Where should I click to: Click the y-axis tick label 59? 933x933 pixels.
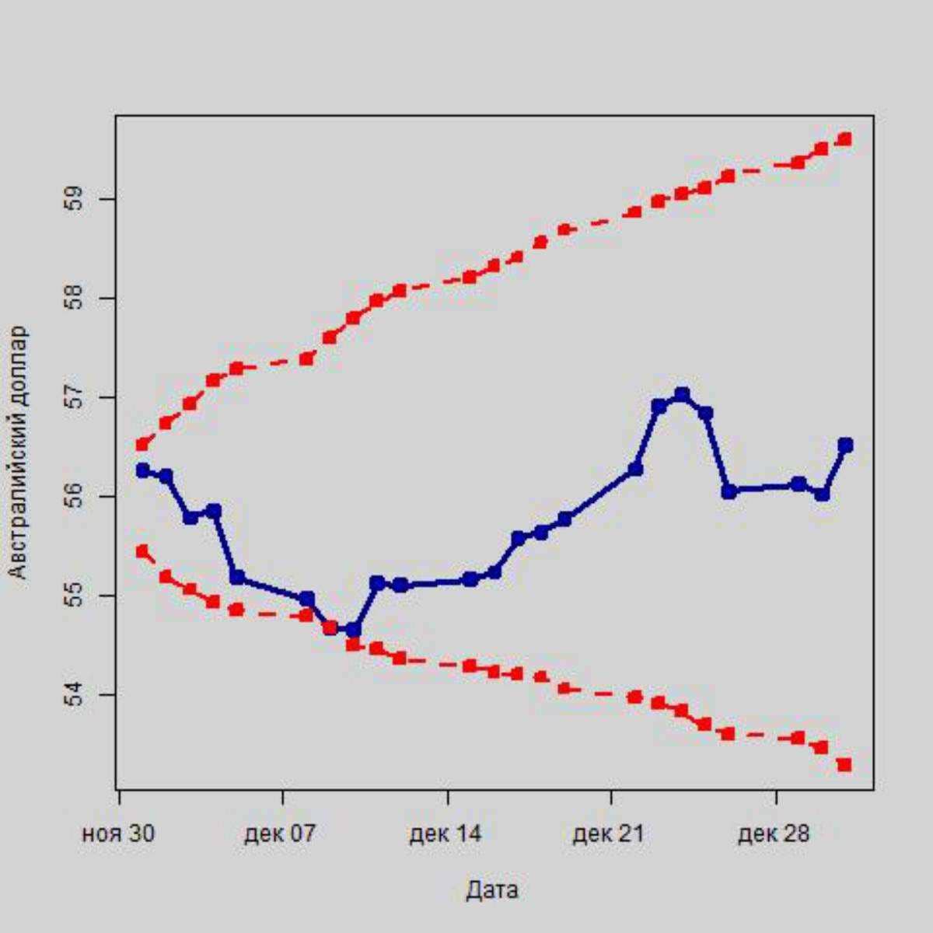[75, 199]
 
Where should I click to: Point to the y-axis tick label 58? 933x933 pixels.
[75, 299]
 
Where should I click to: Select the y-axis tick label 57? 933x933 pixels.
[75, 398]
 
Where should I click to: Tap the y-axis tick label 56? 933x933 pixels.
[75, 497]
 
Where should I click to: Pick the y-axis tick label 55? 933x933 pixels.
[75, 596]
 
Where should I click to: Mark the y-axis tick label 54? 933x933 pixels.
[75, 694]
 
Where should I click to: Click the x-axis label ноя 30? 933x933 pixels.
[118, 834]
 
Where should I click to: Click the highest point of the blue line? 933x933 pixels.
[682, 395]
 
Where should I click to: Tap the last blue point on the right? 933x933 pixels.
[845, 445]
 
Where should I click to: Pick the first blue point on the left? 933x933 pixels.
[142, 470]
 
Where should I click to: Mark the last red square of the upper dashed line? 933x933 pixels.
[845, 139]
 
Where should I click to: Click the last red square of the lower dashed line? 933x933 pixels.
[845, 765]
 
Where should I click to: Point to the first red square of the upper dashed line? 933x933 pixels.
[142, 445]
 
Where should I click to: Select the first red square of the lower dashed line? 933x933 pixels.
[142, 551]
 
